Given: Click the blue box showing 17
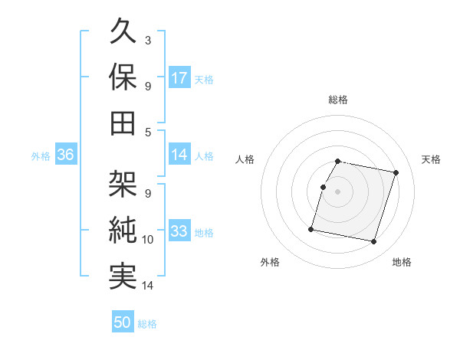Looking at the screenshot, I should tap(179, 77).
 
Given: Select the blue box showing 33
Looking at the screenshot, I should tap(179, 231).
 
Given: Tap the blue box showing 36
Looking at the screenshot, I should tap(65, 155).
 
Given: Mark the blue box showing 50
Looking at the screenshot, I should tap(123, 322).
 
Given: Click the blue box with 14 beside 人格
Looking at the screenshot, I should tap(179, 155).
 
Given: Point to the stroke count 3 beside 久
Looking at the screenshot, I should tap(147, 39).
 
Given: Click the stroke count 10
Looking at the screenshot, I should tap(148, 240).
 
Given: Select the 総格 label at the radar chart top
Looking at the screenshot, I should tap(338, 100).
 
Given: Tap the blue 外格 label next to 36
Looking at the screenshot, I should tap(41, 155).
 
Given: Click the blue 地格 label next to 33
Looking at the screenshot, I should tap(204, 232).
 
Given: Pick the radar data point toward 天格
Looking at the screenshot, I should tap(396, 173).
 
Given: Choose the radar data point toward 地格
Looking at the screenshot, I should tap(373, 242).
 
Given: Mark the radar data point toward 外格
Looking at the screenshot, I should tap(311, 228).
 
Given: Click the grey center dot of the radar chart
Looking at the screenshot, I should tap(338, 191).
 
